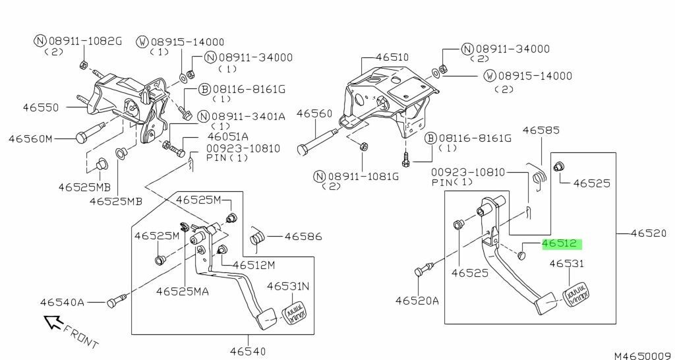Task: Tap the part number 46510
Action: click(393, 57)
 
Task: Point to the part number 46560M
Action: click(30, 139)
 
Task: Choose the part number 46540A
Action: click(62, 303)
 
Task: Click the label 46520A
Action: click(417, 301)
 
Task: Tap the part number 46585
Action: click(540, 131)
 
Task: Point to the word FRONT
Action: click(81, 336)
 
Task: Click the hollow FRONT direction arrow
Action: click(53, 322)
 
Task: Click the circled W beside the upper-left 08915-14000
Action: click(141, 42)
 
